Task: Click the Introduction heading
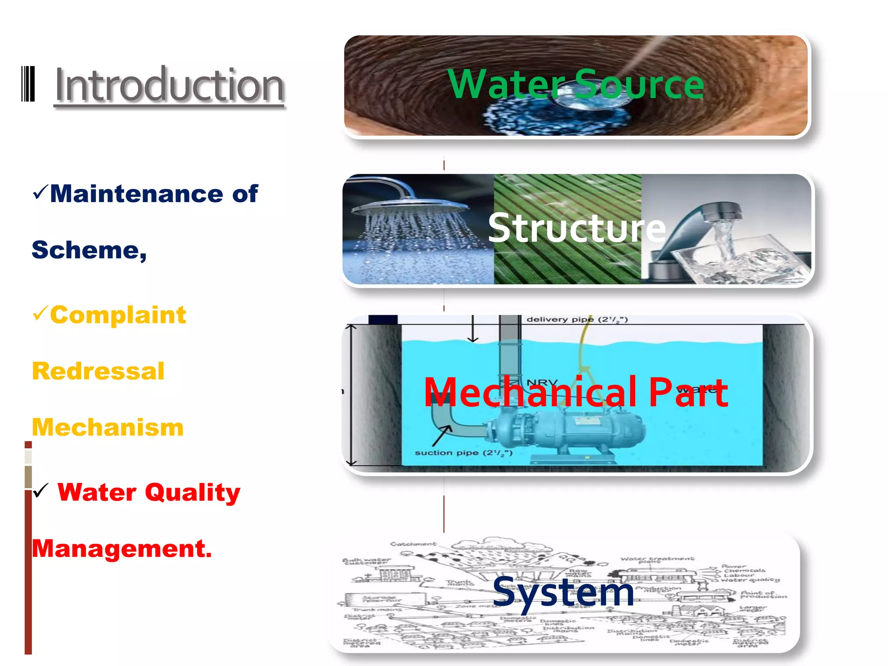(169, 85)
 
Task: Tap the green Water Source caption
(575, 84)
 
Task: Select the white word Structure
(577, 228)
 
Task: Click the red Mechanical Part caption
(575, 392)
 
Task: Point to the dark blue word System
(563, 592)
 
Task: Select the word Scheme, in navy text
(89, 250)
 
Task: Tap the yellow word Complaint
(118, 315)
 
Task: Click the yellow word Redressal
(98, 371)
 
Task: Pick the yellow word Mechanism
(108, 427)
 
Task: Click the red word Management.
(121, 548)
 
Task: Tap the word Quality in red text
(193, 493)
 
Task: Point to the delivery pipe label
(577, 320)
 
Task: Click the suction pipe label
(463, 453)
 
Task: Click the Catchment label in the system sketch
(413, 544)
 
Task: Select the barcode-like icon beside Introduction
(28, 84)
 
